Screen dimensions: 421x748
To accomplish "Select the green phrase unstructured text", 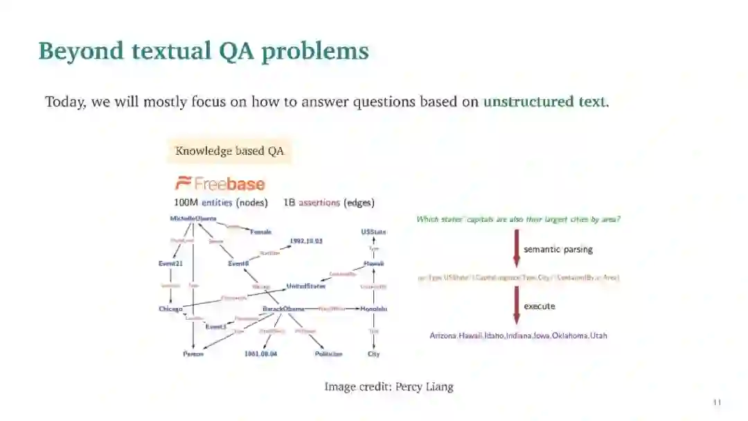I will (544, 102).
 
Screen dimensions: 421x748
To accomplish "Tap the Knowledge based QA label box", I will (229, 151).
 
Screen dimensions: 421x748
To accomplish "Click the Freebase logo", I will (220, 184).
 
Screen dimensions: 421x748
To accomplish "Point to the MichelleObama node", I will (193, 218).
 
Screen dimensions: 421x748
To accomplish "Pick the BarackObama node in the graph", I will (283, 309).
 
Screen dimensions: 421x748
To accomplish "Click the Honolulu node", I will (373, 309).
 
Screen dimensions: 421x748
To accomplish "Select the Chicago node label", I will (170, 309).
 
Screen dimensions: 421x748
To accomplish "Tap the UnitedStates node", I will (306, 286).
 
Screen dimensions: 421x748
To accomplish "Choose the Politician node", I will (328, 354).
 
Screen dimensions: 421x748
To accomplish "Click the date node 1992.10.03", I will (305, 241).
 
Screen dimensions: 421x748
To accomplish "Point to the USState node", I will (373, 232).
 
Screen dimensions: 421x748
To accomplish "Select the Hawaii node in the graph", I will (373, 264).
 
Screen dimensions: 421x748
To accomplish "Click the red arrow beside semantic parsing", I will (516, 248).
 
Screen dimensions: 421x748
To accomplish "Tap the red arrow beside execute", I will (516, 305).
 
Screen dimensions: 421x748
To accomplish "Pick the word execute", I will (539, 306).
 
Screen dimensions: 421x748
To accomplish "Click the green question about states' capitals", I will (518, 219).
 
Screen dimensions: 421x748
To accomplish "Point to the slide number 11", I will (717, 402).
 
